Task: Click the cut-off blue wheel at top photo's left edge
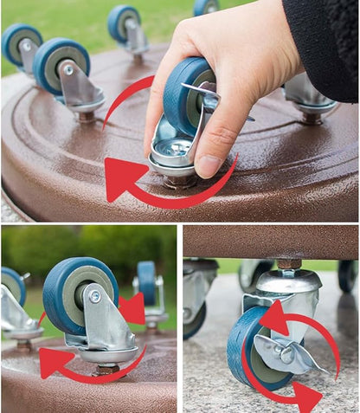pyautogui.click(x=16, y=43)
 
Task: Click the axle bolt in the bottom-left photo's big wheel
pyautogui.click(x=93, y=297)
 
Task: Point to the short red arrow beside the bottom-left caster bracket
pyautogui.click(x=132, y=307)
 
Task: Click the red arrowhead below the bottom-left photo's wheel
pyautogui.click(x=55, y=359)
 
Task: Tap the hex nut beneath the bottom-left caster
pyautogui.click(x=107, y=369)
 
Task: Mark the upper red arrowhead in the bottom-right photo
pyautogui.click(x=273, y=319)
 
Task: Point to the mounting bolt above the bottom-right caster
pyautogui.click(x=289, y=263)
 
